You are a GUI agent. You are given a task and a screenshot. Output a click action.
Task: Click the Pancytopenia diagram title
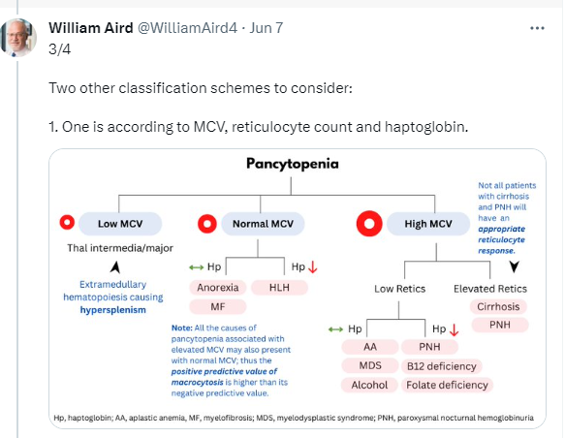[x=293, y=164]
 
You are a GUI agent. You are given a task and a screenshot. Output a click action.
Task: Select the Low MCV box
[x=120, y=224]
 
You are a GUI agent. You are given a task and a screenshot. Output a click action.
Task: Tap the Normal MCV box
[x=263, y=224]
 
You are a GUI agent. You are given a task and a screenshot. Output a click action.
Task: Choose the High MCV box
[x=428, y=224]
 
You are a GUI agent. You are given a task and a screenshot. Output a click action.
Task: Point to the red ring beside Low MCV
[x=62, y=222]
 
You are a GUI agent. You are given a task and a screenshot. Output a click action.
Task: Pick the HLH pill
[x=279, y=288]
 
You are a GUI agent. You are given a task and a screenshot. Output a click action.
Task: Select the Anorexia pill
[x=218, y=288]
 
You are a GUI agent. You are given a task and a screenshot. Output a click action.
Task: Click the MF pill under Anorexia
[x=218, y=307]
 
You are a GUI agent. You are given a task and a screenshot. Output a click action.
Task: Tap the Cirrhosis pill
[x=498, y=306]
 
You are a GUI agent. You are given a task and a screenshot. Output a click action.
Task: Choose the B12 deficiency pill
[x=441, y=366]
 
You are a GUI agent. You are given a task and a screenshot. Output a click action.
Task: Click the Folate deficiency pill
[x=447, y=385]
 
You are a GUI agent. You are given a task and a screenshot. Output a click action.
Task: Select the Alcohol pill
[x=369, y=385]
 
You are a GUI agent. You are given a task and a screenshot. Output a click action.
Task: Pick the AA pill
[x=370, y=347]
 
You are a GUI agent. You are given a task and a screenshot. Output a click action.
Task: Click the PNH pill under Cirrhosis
[x=500, y=325]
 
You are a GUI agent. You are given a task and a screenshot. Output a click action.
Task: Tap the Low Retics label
[x=399, y=289]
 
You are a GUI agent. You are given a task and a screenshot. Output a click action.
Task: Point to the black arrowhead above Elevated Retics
[x=515, y=266]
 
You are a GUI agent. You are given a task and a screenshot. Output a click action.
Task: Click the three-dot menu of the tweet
[x=537, y=28]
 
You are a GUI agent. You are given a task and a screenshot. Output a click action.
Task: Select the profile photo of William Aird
[x=18, y=38]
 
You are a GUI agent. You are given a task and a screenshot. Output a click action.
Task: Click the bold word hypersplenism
[x=112, y=310]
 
